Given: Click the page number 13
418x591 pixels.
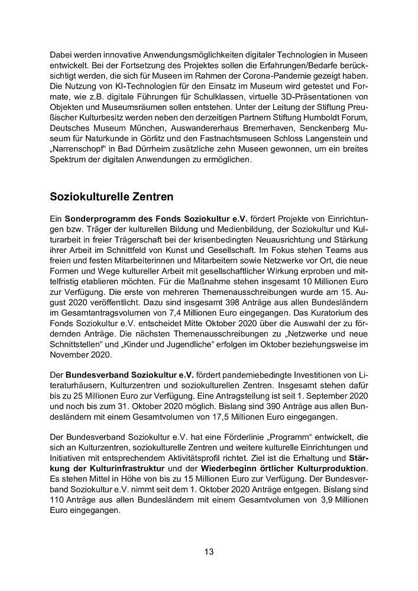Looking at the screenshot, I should (x=209, y=552).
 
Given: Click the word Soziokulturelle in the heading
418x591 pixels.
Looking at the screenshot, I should (x=89, y=195).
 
